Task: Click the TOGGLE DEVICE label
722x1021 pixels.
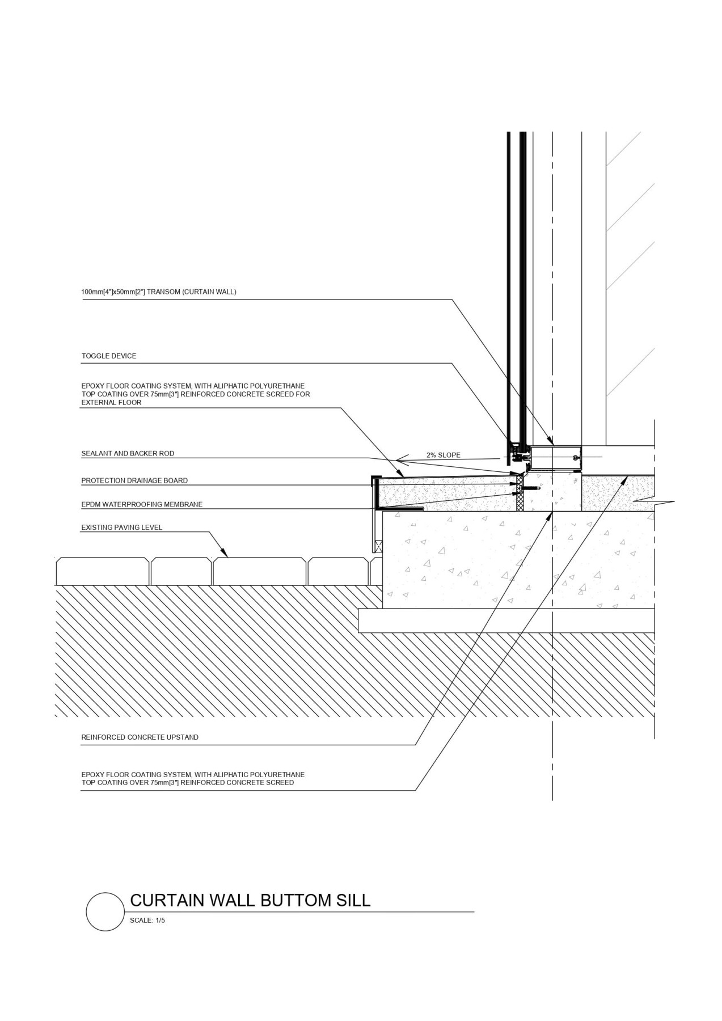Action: click(109, 356)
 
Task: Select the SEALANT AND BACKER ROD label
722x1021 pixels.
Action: click(128, 454)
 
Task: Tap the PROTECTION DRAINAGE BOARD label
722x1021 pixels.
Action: click(134, 480)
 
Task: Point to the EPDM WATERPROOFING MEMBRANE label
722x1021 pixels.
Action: click(142, 504)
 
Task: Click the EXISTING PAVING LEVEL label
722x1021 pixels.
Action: click(122, 528)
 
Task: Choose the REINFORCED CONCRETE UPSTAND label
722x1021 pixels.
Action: click(140, 737)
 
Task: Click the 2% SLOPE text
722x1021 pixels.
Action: click(444, 455)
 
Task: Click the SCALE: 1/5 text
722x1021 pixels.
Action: click(147, 921)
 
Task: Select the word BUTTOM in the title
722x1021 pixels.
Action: click(295, 900)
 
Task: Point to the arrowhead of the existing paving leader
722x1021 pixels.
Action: click(225, 554)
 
